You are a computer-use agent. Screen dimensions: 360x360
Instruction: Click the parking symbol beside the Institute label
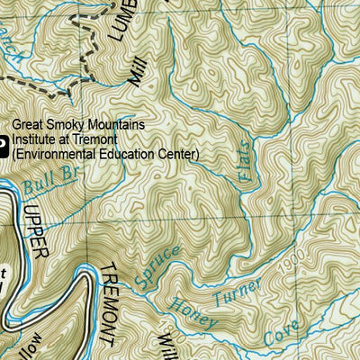pyautogui.click(x=3, y=141)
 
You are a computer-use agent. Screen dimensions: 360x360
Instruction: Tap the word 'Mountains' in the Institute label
pyautogui.click(x=112, y=126)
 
